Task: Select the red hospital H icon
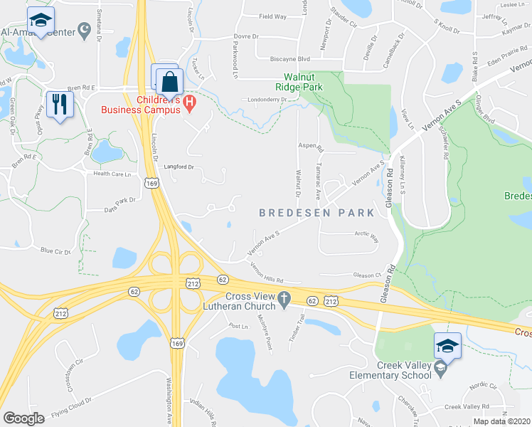coord(189,104)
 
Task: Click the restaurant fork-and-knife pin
coord(59,105)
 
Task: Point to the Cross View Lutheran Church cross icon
coord(284,302)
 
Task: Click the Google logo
coord(23,418)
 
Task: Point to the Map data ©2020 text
coord(502,421)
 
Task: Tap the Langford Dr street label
coord(179,167)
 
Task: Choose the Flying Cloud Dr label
coord(73,408)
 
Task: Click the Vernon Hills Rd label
coord(267,273)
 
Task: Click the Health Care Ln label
coord(112,174)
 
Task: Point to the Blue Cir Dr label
coord(56,251)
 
